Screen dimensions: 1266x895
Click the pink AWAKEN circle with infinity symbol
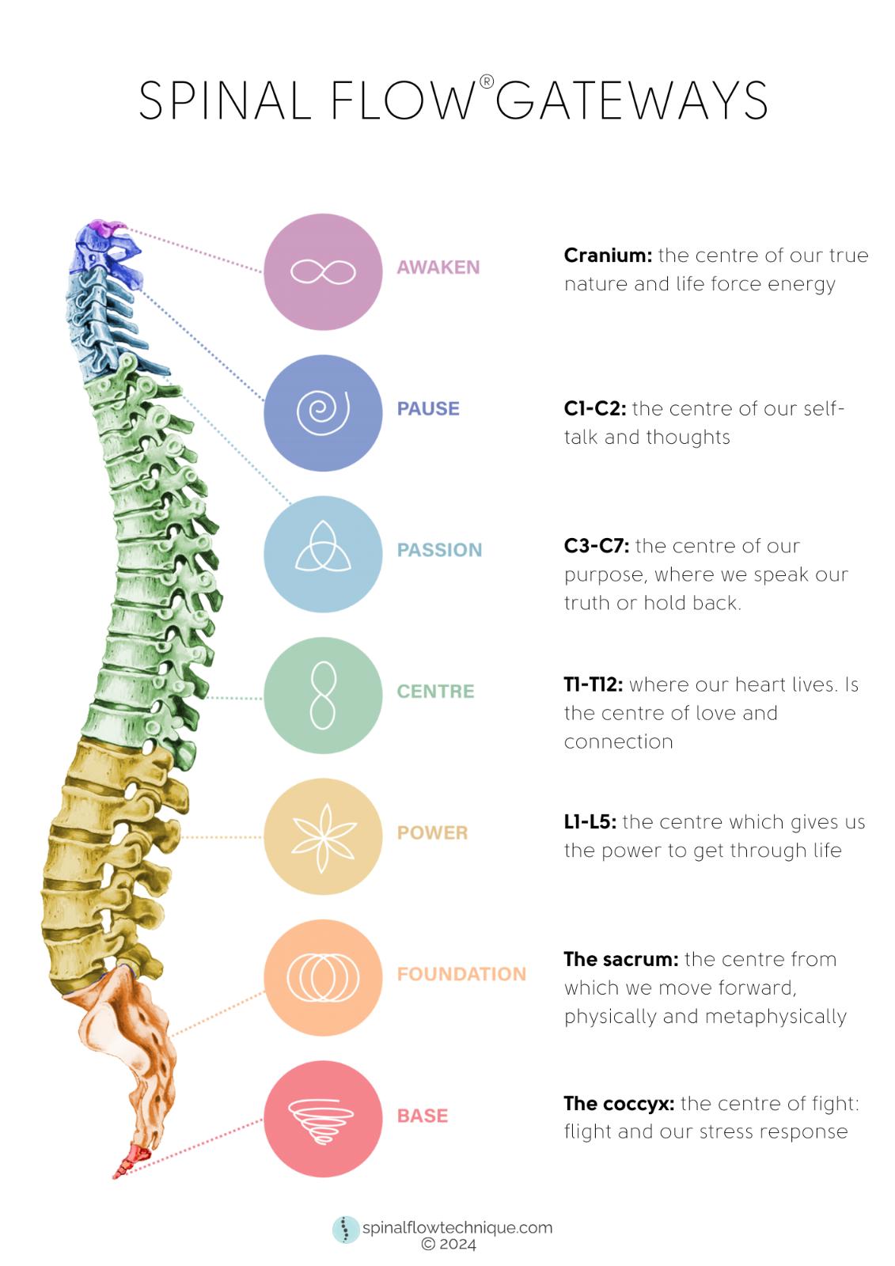(x=323, y=271)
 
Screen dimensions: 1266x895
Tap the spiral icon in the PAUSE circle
(x=323, y=412)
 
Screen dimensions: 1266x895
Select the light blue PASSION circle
(x=323, y=554)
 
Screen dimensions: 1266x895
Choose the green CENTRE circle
(x=323, y=696)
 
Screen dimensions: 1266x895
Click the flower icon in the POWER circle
(x=323, y=836)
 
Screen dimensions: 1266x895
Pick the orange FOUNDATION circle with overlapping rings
(x=323, y=977)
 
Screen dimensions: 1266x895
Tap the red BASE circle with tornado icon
(x=323, y=1119)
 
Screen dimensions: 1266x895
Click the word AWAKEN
(x=438, y=267)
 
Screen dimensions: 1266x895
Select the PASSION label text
(x=439, y=550)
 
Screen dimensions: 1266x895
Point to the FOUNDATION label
(x=461, y=974)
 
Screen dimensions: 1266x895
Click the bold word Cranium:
(x=608, y=256)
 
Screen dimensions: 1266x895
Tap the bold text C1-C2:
(x=595, y=408)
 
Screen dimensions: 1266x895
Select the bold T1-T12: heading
(x=594, y=684)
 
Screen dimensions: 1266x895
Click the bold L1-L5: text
(x=590, y=822)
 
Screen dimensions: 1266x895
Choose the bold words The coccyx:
(x=619, y=1103)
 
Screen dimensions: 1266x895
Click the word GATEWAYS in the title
(x=631, y=101)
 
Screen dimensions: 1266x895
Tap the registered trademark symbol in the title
(x=487, y=81)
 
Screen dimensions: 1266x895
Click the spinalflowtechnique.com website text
(x=457, y=1228)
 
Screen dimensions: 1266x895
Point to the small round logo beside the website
(x=345, y=1230)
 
